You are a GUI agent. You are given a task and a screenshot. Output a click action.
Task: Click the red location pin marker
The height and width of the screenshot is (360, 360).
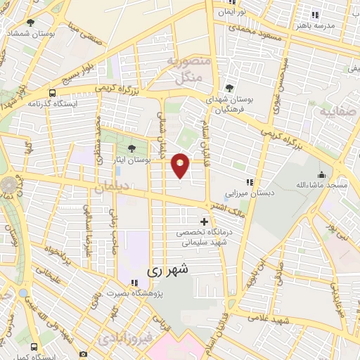(x=180, y=165)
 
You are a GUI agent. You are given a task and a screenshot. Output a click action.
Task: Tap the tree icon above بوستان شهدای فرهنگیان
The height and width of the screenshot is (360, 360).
(x=229, y=88)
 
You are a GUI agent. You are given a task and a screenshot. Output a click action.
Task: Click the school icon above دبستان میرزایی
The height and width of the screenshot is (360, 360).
(x=250, y=182)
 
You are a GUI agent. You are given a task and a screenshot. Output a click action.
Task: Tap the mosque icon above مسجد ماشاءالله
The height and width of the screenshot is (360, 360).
(x=322, y=174)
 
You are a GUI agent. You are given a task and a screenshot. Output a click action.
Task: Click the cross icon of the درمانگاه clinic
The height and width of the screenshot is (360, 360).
(x=205, y=222)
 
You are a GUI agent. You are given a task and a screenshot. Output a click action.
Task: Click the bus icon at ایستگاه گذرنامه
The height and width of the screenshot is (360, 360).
(x=53, y=93)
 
